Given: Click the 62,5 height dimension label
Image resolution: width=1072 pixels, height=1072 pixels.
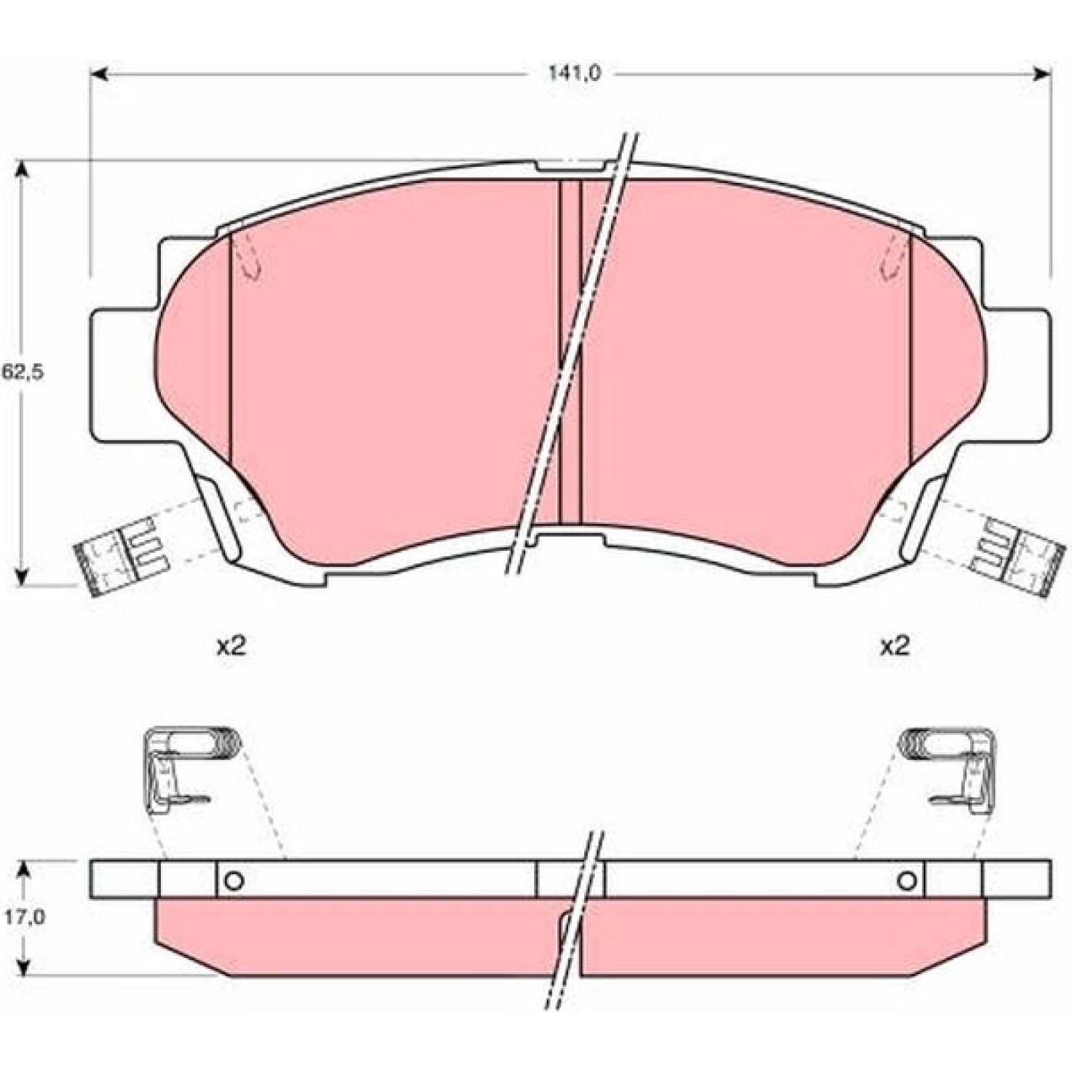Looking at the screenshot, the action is click(22, 373).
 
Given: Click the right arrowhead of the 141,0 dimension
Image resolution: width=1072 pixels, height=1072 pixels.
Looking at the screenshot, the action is click(1041, 73).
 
